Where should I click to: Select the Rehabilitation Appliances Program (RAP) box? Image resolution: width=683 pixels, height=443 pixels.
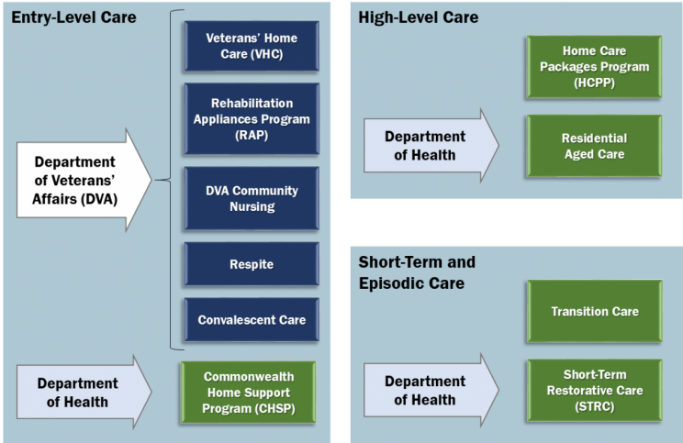[x=251, y=118]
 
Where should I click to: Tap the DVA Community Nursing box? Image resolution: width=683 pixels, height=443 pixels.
[x=251, y=198]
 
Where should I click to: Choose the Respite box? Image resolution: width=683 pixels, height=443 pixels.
[x=251, y=264]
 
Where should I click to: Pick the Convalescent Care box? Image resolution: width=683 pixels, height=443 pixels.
[x=251, y=320]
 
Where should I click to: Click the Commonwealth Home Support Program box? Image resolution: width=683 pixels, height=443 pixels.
[x=246, y=393]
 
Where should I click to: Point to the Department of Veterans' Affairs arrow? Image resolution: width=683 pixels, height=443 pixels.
[x=83, y=178]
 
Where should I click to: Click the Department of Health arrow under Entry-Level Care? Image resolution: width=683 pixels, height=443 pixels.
[x=83, y=393]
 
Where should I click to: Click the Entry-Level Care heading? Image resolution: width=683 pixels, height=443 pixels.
[x=73, y=17]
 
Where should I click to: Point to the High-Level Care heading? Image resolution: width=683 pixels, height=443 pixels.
[x=418, y=17]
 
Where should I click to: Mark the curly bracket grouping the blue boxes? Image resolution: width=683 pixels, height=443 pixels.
[x=165, y=180]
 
